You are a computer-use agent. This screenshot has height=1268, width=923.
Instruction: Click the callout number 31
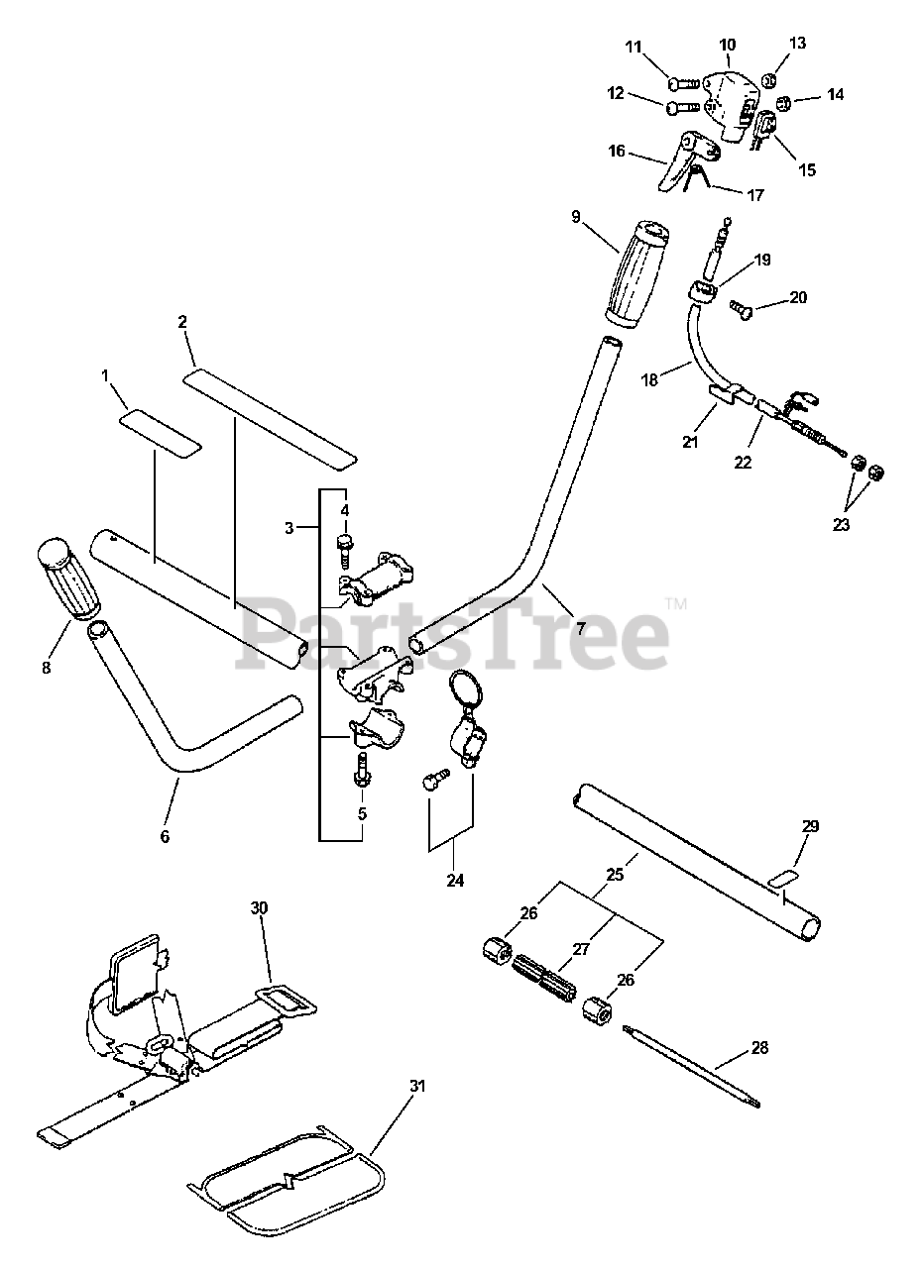[x=417, y=1087]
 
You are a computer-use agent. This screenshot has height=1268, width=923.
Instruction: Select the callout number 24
[x=455, y=880]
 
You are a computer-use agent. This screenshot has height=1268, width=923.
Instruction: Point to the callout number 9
[x=576, y=216]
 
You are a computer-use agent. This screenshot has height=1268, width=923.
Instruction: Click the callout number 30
[x=259, y=907]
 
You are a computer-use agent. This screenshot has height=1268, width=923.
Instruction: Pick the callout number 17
[x=754, y=195]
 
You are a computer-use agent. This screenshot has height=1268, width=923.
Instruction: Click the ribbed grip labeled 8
[x=69, y=581]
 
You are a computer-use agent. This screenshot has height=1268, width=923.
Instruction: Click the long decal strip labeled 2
[x=270, y=418]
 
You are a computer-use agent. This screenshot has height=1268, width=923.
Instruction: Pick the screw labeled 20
[x=742, y=310]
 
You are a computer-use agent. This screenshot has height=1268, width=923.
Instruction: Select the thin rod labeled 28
[x=694, y=1071]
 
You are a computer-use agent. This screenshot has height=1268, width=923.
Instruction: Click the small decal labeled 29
[x=786, y=878]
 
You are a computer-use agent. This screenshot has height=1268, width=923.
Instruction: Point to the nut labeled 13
[x=772, y=78]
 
